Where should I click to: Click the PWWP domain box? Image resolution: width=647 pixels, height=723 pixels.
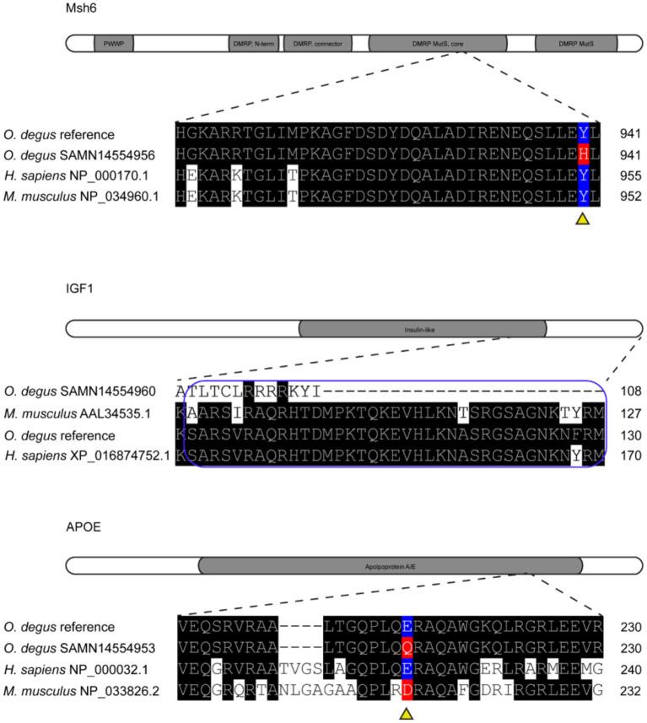pyautogui.click(x=114, y=43)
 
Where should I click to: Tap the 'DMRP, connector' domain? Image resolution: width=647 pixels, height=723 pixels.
pyautogui.click(x=318, y=43)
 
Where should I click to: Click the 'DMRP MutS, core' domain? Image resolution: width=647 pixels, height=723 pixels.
pyautogui.click(x=438, y=43)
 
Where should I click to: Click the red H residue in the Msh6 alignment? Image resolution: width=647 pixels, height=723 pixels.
pyautogui.click(x=583, y=155)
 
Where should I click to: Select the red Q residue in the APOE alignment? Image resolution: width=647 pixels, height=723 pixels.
pyautogui.click(x=407, y=648)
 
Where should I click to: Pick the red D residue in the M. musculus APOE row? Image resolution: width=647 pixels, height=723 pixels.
pyautogui.click(x=407, y=689)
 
